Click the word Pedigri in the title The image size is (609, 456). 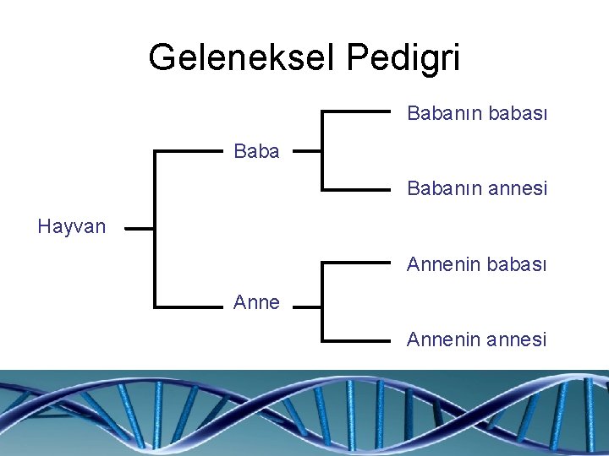coord(403,57)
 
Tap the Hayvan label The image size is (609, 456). coord(72,226)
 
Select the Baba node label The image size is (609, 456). coord(256,152)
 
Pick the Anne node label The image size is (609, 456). coord(256,301)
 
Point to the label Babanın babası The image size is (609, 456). coord(477,112)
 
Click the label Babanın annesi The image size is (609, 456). coord(477,189)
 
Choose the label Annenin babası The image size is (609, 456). coord(477,264)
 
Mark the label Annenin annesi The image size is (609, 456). coord(477,339)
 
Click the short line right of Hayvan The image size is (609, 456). coord(140,227)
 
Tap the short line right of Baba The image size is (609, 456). coord(307,152)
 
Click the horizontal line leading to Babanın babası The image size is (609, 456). coord(356,112)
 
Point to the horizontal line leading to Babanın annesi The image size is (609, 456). coord(356,190)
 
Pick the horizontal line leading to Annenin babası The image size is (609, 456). coord(356,264)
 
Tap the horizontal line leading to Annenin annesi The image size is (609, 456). coord(356,340)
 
